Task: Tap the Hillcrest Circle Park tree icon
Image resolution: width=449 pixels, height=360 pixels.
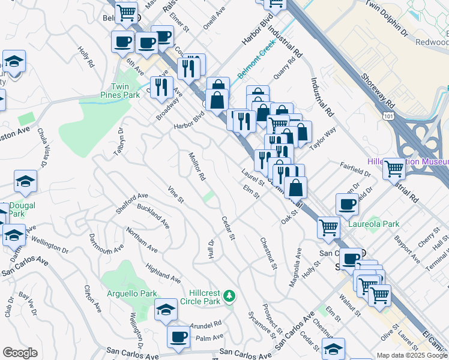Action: tap(229, 296)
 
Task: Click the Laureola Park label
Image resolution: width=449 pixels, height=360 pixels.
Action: tap(383, 224)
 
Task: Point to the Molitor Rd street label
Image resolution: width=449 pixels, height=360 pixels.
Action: tap(198, 166)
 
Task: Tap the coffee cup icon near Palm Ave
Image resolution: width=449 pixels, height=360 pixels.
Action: tap(178, 337)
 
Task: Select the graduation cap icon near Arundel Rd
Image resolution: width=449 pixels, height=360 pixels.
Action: tap(166, 309)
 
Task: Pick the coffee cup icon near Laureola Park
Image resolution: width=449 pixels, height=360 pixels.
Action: tap(348, 204)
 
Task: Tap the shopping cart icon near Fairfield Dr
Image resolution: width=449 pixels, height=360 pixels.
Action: tap(394, 167)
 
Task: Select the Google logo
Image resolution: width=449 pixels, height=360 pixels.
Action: tap(20, 353)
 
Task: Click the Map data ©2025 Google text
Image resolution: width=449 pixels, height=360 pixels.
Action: tap(412, 355)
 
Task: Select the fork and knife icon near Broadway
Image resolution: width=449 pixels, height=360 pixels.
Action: tap(161, 88)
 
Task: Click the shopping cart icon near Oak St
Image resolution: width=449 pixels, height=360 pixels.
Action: tap(328, 227)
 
